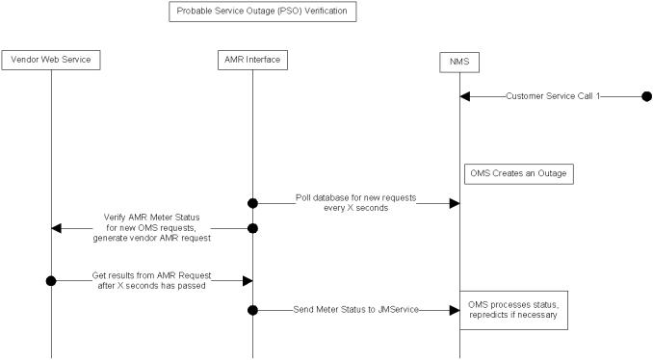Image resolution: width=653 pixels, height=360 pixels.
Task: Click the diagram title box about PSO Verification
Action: tap(263, 13)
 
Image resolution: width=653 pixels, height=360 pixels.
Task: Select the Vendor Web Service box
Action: tap(51, 60)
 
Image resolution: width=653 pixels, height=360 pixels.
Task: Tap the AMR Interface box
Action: tap(252, 60)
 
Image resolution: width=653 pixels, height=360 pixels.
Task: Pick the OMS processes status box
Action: tap(512, 309)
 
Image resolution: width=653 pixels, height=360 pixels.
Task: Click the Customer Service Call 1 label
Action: tap(552, 96)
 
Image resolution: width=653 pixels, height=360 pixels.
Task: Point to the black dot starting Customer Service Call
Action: tap(646, 96)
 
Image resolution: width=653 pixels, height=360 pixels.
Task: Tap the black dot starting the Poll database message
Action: tap(252, 203)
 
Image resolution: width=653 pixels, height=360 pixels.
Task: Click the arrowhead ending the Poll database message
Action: tap(453, 203)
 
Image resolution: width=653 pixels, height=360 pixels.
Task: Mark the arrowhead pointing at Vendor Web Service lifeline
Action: tap(57, 228)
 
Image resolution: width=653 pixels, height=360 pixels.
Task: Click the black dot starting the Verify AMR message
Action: tap(252, 228)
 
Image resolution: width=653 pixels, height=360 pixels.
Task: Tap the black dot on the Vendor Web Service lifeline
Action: tap(51, 280)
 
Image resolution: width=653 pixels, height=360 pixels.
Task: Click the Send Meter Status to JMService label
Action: tap(355, 309)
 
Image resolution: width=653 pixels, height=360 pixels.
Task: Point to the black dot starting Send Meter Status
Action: tap(252, 309)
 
